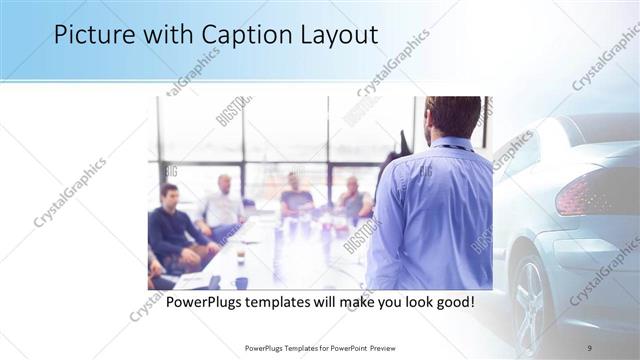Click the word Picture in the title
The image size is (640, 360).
pos(92,35)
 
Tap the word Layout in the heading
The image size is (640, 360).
pos(340,35)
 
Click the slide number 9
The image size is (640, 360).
pos(590,347)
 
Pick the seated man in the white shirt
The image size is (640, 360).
pos(222,205)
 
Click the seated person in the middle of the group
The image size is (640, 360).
pos(296,196)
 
